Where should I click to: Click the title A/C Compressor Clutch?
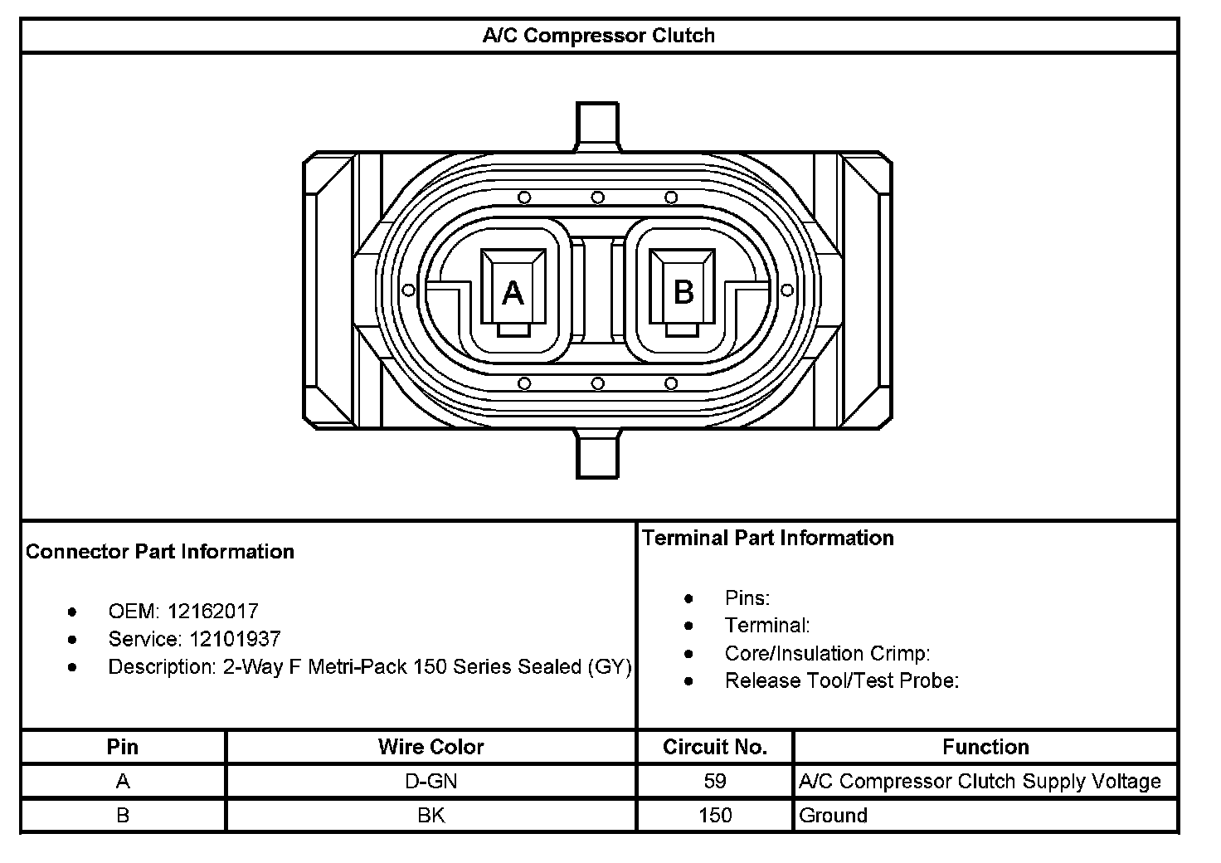click(x=599, y=36)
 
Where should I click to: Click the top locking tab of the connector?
click(x=597, y=126)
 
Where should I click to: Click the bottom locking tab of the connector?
click(x=597, y=454)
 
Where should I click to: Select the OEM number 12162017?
click(x=212, y=611)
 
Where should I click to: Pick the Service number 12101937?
click(x=235, y=638)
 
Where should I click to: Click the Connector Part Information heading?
click(x=160, y=552)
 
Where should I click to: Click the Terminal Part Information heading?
click(x=767, y=538)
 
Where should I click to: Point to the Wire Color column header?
click(x=431, y=747)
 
